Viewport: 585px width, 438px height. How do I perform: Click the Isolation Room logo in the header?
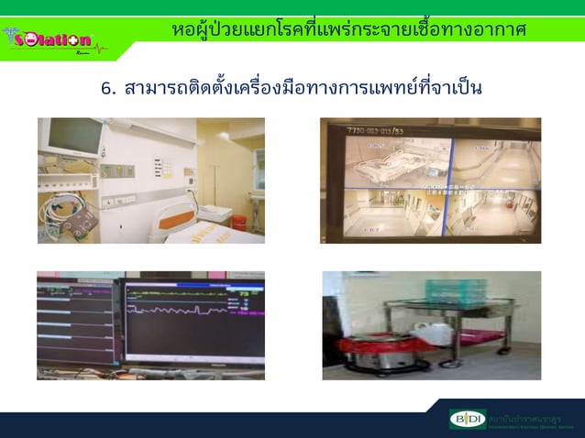tap(53, 40)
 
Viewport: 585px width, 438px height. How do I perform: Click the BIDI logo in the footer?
tap(467, 421)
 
